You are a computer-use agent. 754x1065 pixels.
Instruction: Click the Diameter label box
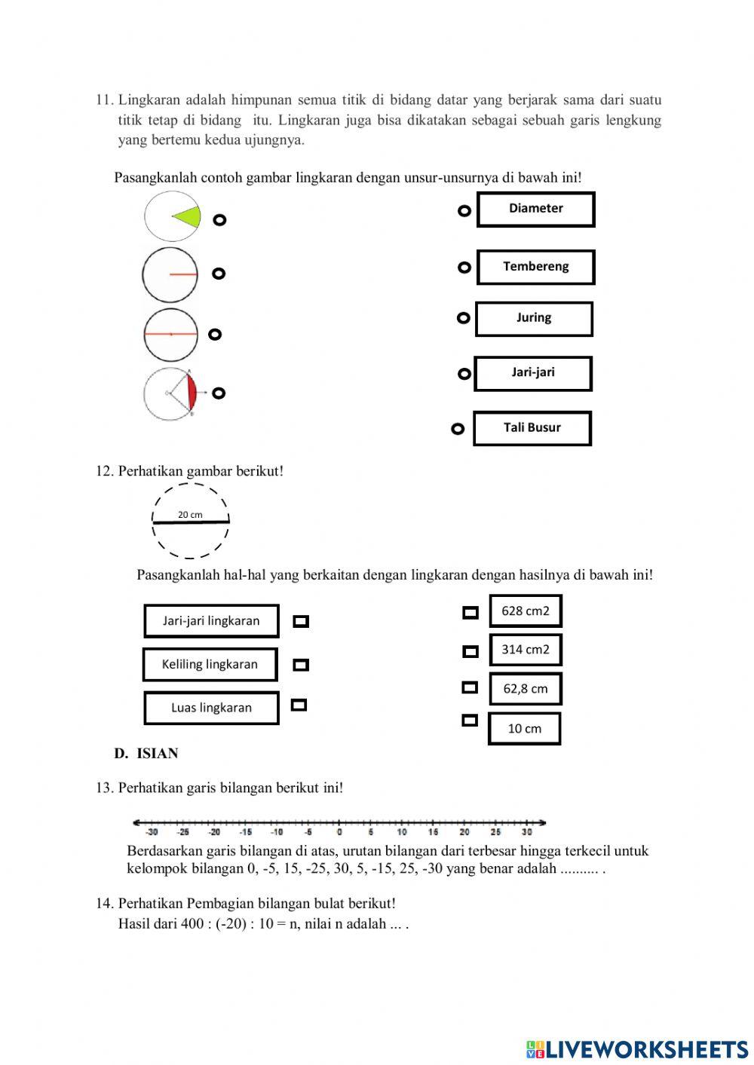tap(535, 209)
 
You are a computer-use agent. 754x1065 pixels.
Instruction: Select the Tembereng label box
tap(535, 267)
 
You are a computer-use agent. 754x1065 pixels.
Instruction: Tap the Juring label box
tap(534, 318)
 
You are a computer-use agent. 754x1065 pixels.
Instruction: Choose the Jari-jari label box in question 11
tap(532, 373)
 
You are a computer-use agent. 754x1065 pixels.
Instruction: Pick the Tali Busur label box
tap(532, 428)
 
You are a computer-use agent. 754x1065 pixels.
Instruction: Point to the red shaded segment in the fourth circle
tap(192, 393)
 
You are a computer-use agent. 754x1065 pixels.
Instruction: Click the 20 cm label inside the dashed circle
tap(190, 515)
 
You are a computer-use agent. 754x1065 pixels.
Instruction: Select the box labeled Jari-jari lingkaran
tap(211, 621)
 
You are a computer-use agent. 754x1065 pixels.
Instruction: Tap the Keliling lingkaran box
tap(210, 665)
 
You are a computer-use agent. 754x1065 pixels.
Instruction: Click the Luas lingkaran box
tap(211, 708)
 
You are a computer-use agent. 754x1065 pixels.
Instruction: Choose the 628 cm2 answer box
tap(526, 611)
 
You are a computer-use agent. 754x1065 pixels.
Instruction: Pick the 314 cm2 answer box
tap(526, 650)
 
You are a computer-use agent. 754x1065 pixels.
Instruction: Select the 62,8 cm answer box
tap(526, 689)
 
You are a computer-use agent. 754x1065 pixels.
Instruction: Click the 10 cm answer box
tap(524, 729)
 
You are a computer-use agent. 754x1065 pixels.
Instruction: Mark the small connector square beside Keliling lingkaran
tap(301, 665)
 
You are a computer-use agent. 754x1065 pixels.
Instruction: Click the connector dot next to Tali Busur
tap(458, 429)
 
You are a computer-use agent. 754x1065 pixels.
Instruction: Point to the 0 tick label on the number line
tap(339, 832)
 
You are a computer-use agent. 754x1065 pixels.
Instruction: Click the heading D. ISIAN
tap(146, 754)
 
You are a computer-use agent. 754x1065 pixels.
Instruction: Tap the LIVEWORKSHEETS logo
tap(637, 1049)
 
